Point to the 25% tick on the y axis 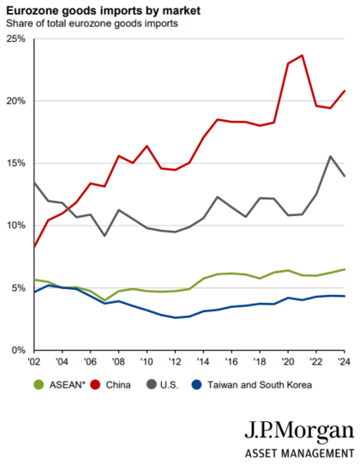click(x=15, y=39)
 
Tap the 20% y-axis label click(x=15, y=101)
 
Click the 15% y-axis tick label click(x=15, y=164)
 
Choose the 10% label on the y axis click(x=15, y=226)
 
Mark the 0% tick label click(x=17, y=350)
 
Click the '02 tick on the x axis click(x=33, y=363)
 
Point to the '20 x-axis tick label click(x=288, y=363)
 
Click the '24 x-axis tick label click(x=344, y=363)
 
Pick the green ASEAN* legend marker click(x=37, y=385)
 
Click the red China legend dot click(x=99, y=385)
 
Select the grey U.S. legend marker click(x=152, y=385)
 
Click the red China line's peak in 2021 click(x=302, y=56)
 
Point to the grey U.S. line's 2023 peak click(x=330, y=156)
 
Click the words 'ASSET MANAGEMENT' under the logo click(x=299, y=453)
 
